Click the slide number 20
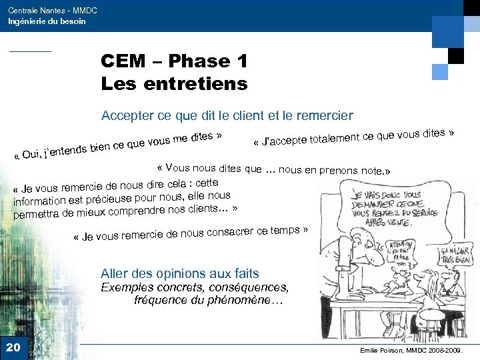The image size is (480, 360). tap(13, 347)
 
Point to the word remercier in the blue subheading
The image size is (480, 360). tap(323, 115)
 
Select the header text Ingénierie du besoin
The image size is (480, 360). tap(47, 21)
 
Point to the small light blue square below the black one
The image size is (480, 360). tap(440, 71)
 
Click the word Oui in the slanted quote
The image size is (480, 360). tap(29, 156)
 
